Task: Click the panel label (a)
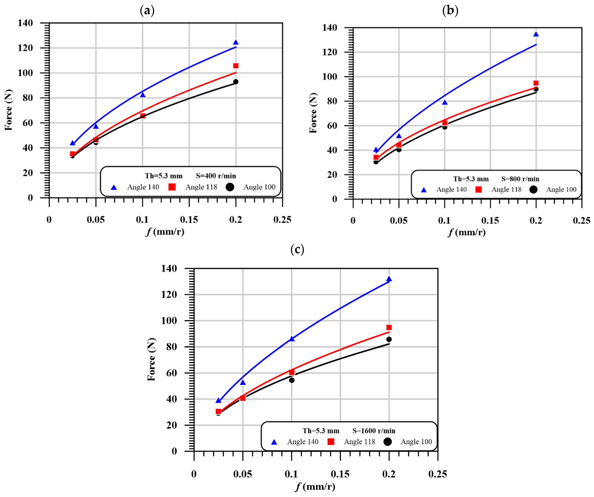pos(147,11)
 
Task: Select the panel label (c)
pos(297,250)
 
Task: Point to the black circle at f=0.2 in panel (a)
pos(236,82)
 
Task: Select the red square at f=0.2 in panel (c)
pos(389,327)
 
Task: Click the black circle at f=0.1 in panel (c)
pos(292,380)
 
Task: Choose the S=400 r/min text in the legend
pos(216,176)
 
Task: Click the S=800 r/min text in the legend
pos(520,179)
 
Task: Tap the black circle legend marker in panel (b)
pos(533,189)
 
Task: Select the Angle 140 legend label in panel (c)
pos(303,442)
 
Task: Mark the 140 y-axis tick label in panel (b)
pos(330,28)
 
